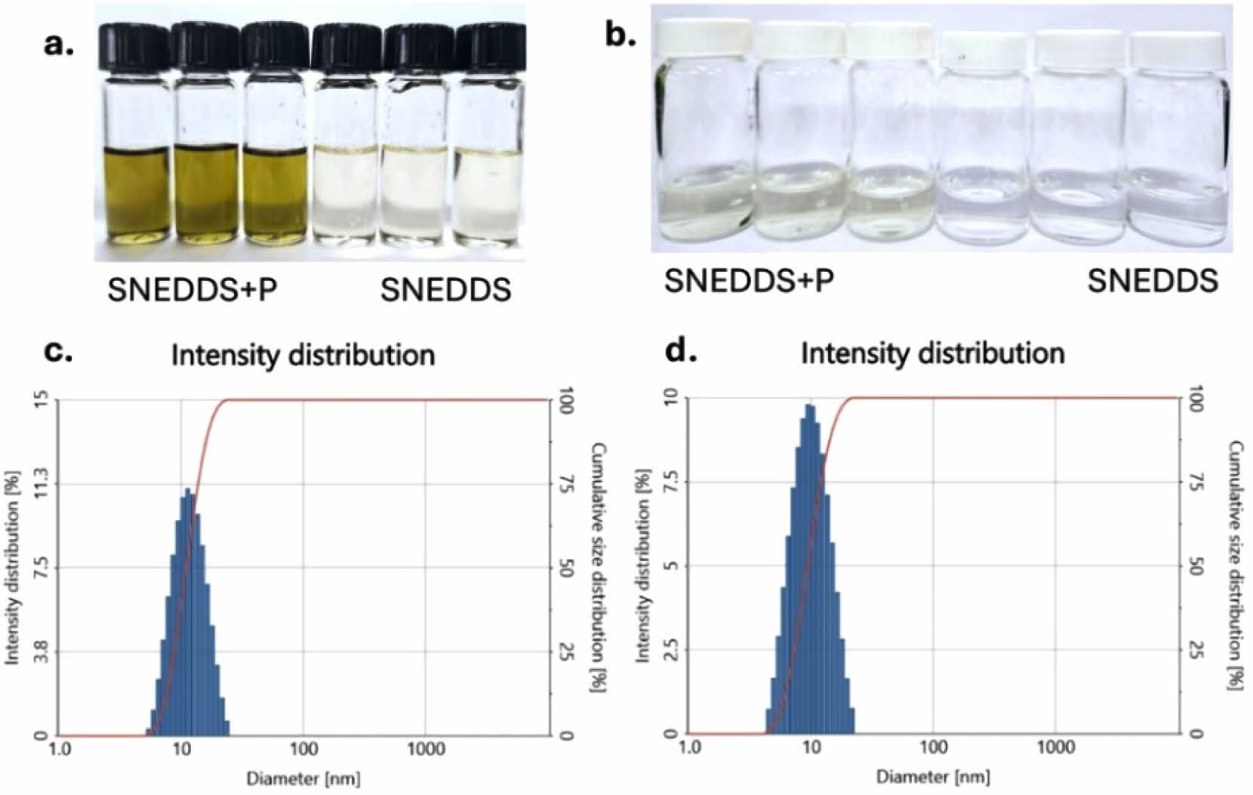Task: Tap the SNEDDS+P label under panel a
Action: [192, 290]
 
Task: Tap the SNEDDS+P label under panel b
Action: [749, 281]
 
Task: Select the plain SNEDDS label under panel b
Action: [1152, 281]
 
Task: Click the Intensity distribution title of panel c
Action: [303, 356]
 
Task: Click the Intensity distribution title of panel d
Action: [932, 353]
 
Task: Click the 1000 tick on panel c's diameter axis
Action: [425, 750]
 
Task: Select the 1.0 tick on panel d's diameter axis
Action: [689, 748]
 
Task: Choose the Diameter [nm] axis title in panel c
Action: [303, 778]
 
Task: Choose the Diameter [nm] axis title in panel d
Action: [933, 776]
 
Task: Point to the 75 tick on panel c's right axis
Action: [563, 484]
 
